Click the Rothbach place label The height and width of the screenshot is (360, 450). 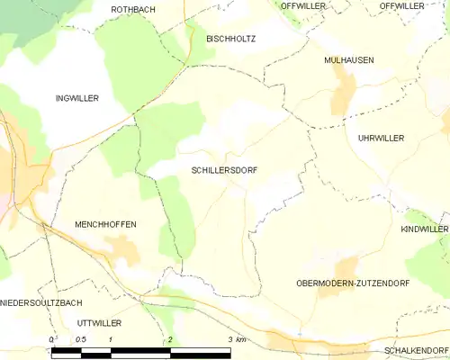133,9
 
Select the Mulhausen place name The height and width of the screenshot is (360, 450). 348,60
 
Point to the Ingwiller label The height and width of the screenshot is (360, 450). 76,98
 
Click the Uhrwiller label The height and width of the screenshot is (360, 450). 381,138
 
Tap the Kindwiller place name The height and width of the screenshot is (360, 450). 424,229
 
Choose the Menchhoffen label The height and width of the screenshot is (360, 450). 105,223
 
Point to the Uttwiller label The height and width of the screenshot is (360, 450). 99,322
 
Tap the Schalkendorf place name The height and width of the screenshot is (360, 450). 416,349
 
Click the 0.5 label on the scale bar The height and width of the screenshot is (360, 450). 81,338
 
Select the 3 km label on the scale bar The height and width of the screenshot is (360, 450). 237,338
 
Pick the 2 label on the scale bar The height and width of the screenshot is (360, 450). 169,338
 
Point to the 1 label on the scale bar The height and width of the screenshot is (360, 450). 110,338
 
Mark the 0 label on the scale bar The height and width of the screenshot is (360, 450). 52,338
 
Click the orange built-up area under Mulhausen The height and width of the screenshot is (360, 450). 343,94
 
